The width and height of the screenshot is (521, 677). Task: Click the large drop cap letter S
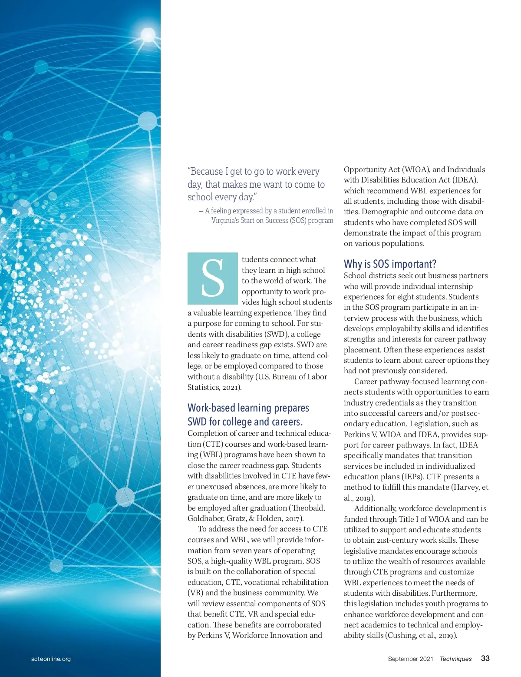click(x=213, y=278)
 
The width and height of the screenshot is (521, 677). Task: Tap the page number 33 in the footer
click(x=485, y=658)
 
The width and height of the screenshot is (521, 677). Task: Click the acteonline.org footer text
click(x=51, y=659)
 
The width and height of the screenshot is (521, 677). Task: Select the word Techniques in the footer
click(x=455, y=659)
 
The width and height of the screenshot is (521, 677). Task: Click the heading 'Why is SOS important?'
click(x=390, y=264)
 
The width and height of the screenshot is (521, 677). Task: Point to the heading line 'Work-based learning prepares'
click(x=248, y=408)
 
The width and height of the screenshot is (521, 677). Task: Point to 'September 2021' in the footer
click(x=410, y=659)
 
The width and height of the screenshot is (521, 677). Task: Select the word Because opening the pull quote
click(x=205, y=172)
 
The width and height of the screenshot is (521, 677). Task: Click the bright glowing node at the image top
click(x=148, y=35)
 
